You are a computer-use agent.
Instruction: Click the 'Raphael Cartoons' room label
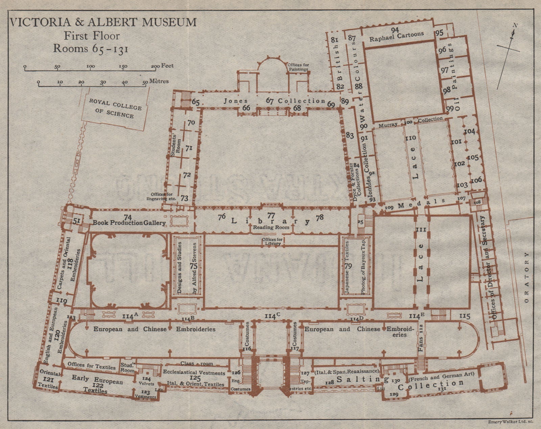tap(396, 36)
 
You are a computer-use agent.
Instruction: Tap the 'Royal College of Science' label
tap(116, 108)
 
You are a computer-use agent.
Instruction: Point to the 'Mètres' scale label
tap(159, 82)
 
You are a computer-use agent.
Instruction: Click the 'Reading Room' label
tap(271, 227)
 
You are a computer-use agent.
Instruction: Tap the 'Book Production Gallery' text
tap(130, 223)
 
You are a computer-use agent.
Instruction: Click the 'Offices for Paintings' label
tap(298, 67)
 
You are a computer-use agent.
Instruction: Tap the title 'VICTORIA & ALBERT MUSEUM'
tap(103, 22)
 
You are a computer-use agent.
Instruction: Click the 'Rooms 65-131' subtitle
tap(91, 48)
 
